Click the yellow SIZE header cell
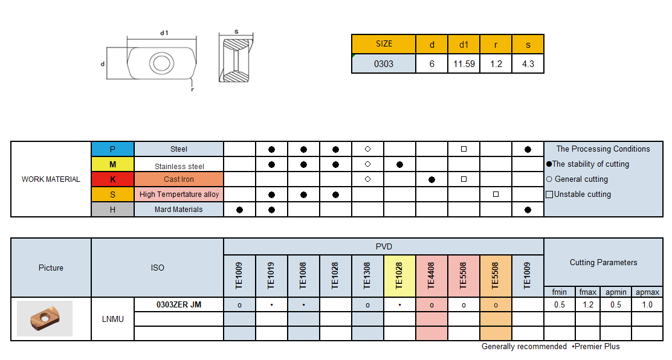384,44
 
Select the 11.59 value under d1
464,64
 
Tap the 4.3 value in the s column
528,64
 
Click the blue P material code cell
112,149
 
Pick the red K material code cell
112,179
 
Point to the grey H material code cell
112,210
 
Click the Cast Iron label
179,179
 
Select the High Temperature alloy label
179,194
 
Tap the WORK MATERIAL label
51,179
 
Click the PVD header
384,246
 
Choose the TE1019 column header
271,275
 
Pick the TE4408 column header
431,275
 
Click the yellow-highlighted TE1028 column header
399,275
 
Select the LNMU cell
112,319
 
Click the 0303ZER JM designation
179,305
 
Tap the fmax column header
587,292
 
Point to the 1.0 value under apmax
647,305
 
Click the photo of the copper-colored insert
44,318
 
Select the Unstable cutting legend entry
578,194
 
